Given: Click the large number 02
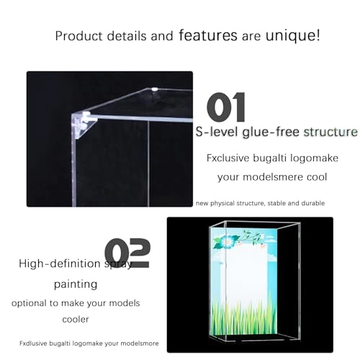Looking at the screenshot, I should tap(127, 253).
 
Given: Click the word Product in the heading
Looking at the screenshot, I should tap(78, 35).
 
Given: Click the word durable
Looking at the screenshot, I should tap(310, 203).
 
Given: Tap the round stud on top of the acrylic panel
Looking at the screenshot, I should tap(156, 89).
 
